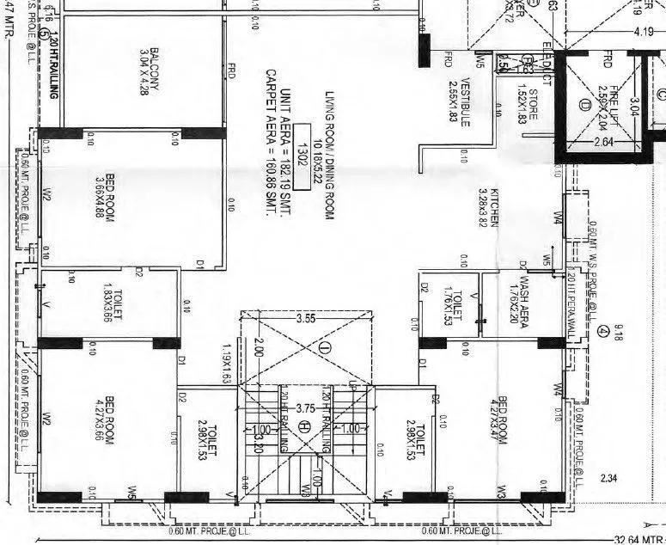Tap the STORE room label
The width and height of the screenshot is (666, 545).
[x=527, y=106]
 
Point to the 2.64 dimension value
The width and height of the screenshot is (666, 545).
[x=603, y=142]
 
